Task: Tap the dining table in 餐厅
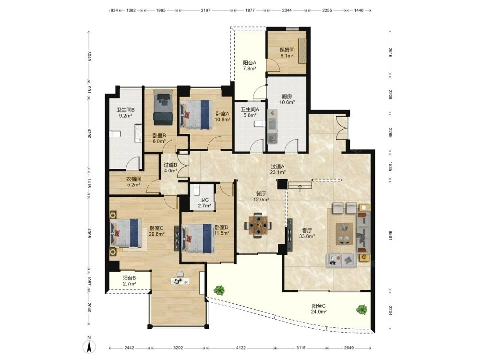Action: (x=258, y=226)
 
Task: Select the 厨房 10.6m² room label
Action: (x=287, y=99)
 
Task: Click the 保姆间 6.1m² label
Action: (x=287, y=53)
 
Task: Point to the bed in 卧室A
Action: (x=196, y=115)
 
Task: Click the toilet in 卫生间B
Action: (x=116, y=134)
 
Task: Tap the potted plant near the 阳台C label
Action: (x=362, y=310)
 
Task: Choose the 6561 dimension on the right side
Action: (x=390, y=235)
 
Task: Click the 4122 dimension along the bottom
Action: (x=241, y=348)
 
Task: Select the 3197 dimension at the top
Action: (x=206, y=11)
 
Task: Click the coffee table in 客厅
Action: (x=344, y=234)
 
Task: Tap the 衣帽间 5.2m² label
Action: (x=134, y=182)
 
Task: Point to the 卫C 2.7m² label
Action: (x=204, y=203)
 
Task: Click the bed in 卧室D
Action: (x=198, y=238)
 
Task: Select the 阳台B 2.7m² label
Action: (x=129, y=281)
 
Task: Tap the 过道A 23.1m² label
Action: (x=278, y=169)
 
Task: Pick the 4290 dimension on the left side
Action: (x=89, y=133)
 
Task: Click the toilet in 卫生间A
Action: (x=259, y=124)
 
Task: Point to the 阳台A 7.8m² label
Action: (x=250, y=65)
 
